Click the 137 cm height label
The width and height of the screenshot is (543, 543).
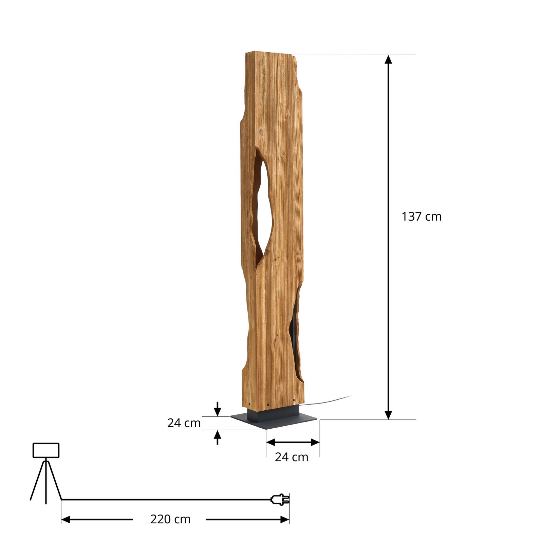[422, 217]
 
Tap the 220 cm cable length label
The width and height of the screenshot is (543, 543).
[170, 519]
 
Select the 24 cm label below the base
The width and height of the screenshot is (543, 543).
[292, 457]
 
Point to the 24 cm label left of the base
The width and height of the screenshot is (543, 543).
[184, 423]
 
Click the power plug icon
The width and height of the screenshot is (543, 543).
[280, 499]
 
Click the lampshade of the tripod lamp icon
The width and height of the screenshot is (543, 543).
[46, 450]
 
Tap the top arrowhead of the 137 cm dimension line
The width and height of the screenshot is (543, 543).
[389, 60]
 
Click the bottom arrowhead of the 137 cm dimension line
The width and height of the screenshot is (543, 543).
[389, 415]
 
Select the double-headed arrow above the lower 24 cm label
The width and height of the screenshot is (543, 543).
[293, 442]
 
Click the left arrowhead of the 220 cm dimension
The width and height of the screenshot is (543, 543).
[66, 519]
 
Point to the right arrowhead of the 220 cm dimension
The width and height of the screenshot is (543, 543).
[284, 519]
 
